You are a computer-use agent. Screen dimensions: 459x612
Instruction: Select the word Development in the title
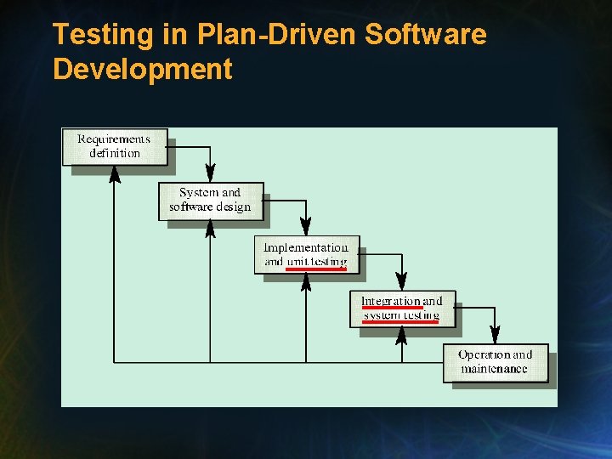[x=142, y=68]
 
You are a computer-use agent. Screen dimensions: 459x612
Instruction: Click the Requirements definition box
[x=115, y=146]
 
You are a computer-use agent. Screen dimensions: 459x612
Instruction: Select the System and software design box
[x=210, y=201]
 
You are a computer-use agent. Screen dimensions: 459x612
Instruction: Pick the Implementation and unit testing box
[x=306, y=254]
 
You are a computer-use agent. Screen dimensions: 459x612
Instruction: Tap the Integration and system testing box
[x=402, y=309]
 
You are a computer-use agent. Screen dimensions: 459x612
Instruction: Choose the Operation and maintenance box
[x=496, y=362]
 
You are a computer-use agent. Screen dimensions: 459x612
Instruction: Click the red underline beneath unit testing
[x=316, y=269]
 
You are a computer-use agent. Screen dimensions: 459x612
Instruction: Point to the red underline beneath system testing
[x=400, y=322]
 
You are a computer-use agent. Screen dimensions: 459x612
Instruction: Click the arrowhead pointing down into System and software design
[x=210, y=176]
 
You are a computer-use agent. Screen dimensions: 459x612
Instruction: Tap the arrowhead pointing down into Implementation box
[x=306, y=229]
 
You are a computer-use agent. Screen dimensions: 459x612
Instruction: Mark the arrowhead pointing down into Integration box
[x=402, y=284]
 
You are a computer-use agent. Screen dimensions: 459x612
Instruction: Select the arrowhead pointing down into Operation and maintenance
[x=496, y=337]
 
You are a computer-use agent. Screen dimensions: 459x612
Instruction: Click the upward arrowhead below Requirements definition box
[x=115, y=174]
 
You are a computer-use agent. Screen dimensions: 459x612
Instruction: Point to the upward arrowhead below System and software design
[x=210, y=229]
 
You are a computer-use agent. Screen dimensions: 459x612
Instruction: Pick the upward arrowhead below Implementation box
[x=306, y=282]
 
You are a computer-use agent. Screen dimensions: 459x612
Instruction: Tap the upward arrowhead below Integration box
[x=402, y=336]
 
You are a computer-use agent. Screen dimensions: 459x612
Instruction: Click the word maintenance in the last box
[x=494, y=369]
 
